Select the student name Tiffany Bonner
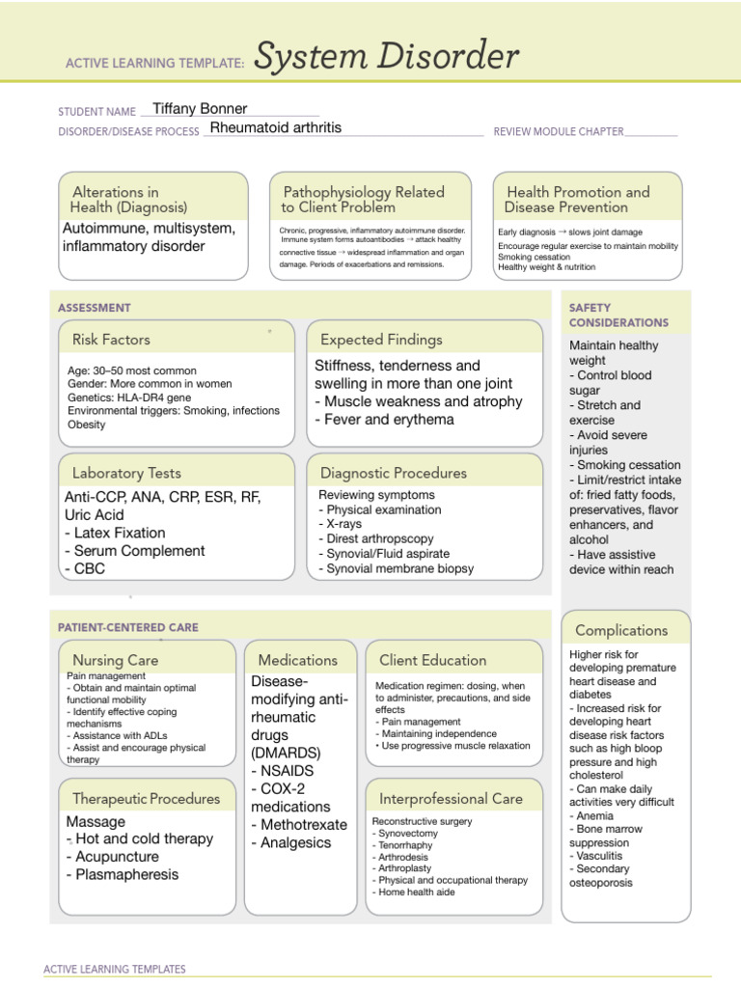[x=200, y=109]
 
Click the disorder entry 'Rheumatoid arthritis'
[x=275, y=127]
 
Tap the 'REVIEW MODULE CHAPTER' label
[x=558, y=131]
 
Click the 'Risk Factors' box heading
[x=111, y=340]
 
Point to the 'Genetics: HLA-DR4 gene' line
[x=129, y=398]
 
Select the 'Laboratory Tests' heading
[x=126, y=473]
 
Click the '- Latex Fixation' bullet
[x=115, y=533]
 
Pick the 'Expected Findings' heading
[x=381, y=340]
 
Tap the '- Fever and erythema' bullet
[x=384, y=420]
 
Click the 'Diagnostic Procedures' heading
[x=393, y=473]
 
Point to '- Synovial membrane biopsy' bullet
[x=396, y=568]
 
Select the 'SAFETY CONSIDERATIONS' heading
[x=618, y=316]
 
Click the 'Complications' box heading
[x=620, y=630]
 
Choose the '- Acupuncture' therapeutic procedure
[x=112, y=857]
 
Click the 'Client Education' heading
[x=432, y=660]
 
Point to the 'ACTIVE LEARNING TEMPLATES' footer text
[x=115, y=969]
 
